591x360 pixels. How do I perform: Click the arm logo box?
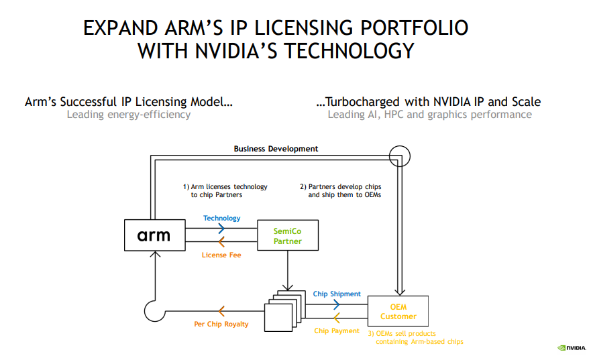[154, 235]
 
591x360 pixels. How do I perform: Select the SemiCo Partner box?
[287, 235]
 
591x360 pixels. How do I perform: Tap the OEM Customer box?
[398, 311]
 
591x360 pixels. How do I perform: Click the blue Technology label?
[221, 219]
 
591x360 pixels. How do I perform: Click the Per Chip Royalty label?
[221, 324]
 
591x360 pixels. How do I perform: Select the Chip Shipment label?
[337, 294]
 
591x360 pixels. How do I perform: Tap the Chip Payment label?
[337, 331]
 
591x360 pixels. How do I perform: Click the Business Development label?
[276, 149]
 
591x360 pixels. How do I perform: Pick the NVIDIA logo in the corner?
[571, 347]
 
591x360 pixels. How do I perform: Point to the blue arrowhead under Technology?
[221, 229]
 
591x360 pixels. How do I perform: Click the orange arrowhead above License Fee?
[221, 243]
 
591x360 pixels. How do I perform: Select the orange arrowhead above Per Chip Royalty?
[221, 310]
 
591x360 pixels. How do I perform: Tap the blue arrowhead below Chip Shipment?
[337, 304]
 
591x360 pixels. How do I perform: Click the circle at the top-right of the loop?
[399, 155]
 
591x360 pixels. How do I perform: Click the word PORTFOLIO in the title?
[414, 28]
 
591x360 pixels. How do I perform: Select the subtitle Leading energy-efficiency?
[129, 115]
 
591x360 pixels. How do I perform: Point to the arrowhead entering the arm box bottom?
[156, 255]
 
